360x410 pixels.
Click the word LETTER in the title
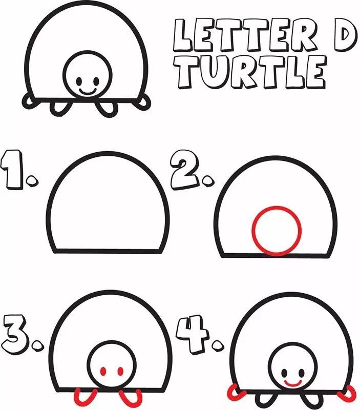[x=246, y=35]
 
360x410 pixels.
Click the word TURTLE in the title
[x=251, y=72]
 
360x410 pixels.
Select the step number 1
[x=11, y=170]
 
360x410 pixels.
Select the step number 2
[x=185, y=170]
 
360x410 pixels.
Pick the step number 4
[x=193, y=334]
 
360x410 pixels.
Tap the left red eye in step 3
[x=103, y=371]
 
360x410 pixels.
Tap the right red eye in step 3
[x=120, y=371]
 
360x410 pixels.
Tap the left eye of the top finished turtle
[x=79, y=81]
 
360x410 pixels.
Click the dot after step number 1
[x=32, y=181]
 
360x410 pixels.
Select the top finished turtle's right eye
[x=96, y=81]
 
